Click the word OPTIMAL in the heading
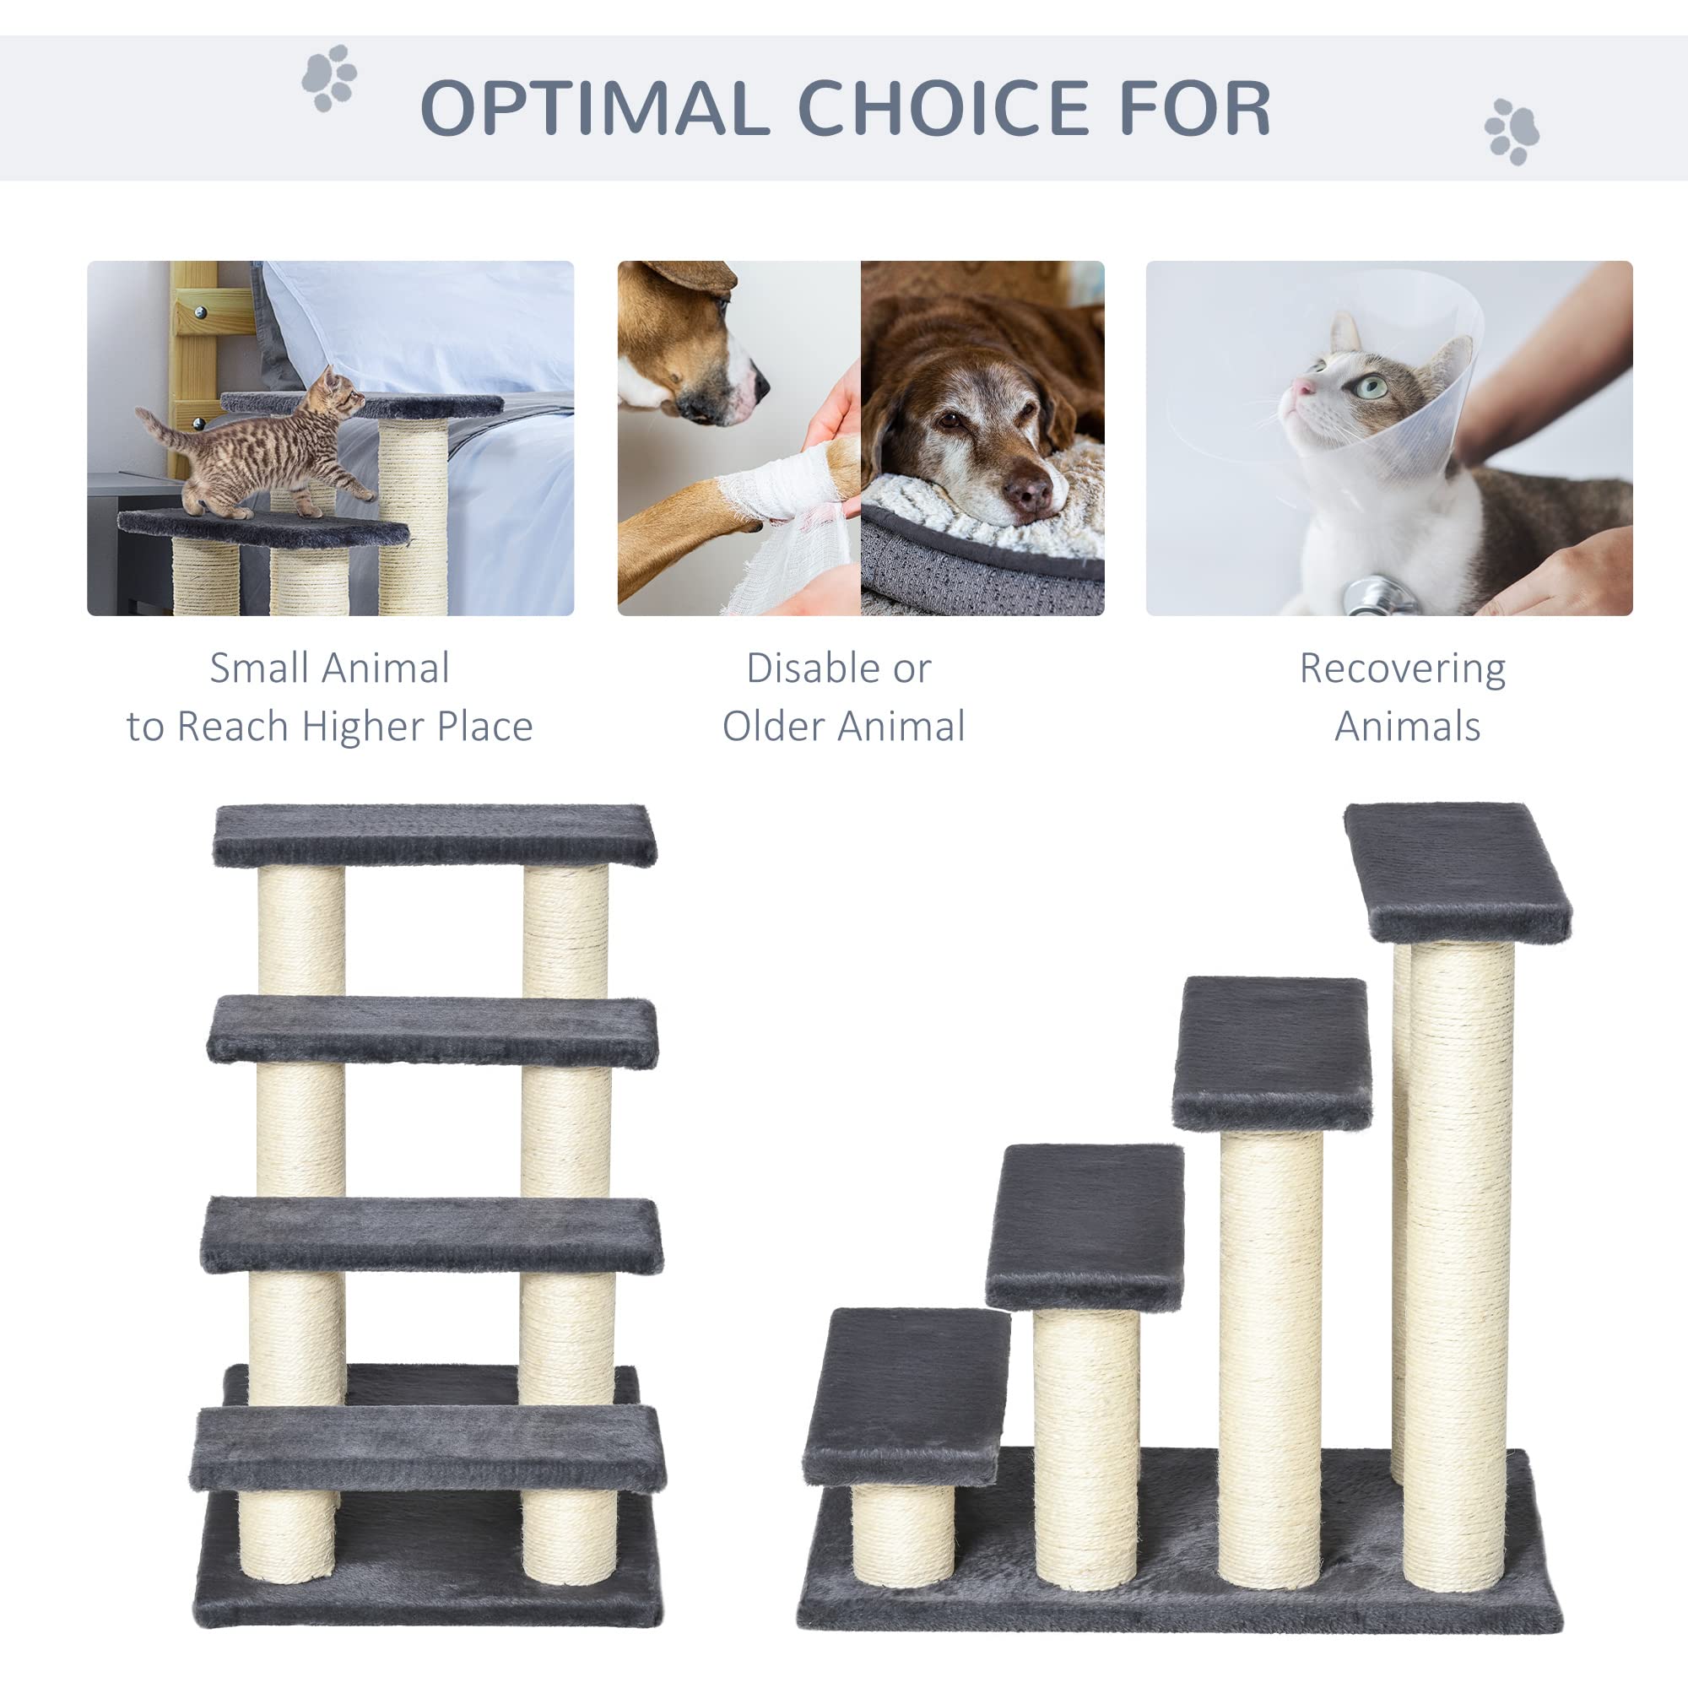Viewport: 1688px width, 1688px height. [594, 108]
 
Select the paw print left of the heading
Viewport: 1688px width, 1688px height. [328, 78]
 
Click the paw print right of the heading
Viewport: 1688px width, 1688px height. [1512, 132]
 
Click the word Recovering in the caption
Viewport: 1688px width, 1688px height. [1402, 669]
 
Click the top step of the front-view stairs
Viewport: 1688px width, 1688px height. [434, 836]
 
